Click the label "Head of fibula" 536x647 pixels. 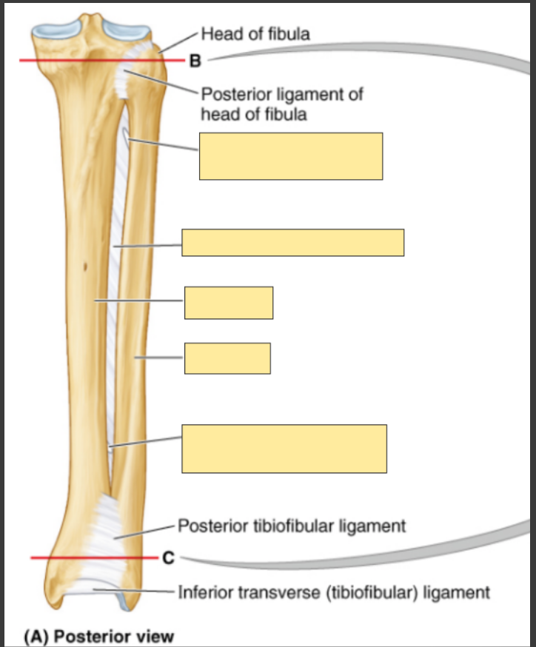[255, 33]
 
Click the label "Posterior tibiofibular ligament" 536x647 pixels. [292, 526]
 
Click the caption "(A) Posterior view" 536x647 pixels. [98, 636]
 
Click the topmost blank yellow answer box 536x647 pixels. [290, 155]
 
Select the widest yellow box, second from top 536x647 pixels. [292, 242]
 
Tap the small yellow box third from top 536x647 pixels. [228, 302]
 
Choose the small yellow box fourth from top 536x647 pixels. [227, 358]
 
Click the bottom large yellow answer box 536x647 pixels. [284, 449]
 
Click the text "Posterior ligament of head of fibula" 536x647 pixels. [281, 104]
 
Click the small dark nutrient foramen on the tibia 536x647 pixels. [86, 267]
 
